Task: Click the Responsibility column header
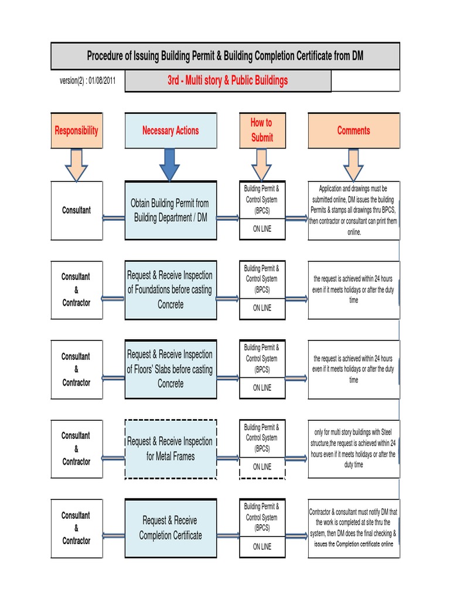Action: tap(76, 130)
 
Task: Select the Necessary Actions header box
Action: tap(171, 130)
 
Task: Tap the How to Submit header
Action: tap(261, 130)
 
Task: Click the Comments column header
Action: tap(353, 130)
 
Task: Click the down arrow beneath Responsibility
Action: tap(76, 164)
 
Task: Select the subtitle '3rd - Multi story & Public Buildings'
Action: tap(228, 80)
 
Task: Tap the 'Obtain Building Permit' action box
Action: tap(171, 210)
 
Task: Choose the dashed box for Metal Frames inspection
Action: tap(171, 448)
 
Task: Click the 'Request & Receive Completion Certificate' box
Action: tap(171, 528)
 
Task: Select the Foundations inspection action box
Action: tap(171, 290)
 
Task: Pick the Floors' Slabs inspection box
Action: tap(171, 369)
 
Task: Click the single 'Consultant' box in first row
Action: tap(76, 210)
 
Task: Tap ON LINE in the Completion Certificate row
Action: tap(262, 546)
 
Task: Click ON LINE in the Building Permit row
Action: tap(262, 229)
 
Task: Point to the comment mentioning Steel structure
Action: tap(353, 448)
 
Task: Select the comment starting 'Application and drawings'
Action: tap(353, 210)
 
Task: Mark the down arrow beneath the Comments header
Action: tap(353, 164)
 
